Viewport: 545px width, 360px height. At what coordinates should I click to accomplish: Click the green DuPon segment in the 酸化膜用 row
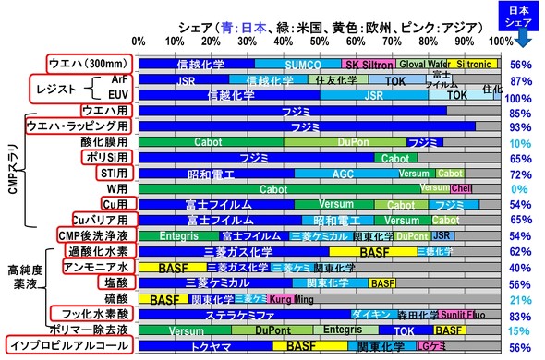pos(326,142)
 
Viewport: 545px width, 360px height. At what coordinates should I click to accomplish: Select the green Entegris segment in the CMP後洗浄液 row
pos(166,236)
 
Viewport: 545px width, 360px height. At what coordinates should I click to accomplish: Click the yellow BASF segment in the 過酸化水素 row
pos(374,252)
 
